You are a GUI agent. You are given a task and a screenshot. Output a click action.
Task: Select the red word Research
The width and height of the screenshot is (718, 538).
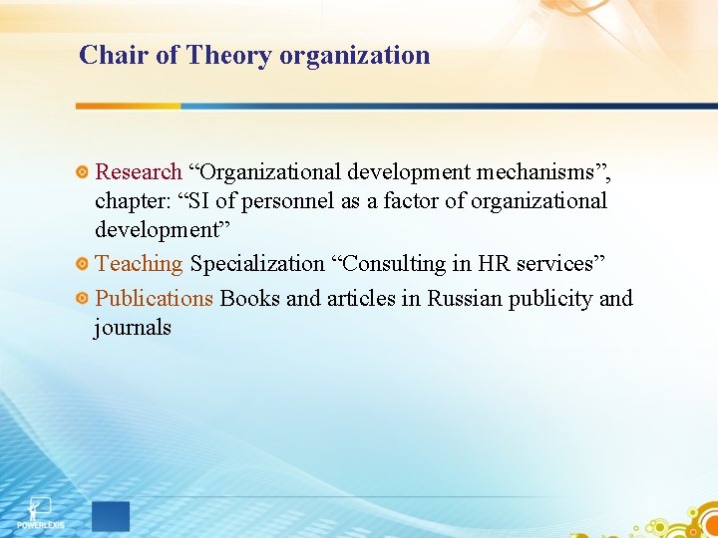click(x=138, y=172)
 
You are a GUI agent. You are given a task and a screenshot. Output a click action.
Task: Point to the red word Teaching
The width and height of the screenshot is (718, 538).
click(x=139, y=264)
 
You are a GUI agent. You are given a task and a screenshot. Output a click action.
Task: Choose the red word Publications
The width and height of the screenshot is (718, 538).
click(x=154, y=298)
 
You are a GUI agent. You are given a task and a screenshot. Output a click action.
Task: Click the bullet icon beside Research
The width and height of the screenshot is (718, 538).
click(x=84, y=173)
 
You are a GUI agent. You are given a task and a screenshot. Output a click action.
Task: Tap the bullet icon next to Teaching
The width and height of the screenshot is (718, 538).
click(x=84, y=265)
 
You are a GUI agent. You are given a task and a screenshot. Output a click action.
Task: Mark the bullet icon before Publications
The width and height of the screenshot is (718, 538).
click(x=84, y=299)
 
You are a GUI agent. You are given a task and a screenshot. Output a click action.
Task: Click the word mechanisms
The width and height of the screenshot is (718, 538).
click(x=539, y=172)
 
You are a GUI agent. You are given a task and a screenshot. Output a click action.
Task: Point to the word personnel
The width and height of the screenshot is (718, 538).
click(x=290, y=201)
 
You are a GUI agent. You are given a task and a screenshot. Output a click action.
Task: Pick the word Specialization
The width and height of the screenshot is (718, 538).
click(x=257, y=264)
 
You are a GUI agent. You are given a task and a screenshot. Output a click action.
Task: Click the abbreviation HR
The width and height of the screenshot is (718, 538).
click(x=495, y=264)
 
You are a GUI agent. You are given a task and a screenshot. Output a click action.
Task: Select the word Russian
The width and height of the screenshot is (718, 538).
click(x=465, y=298)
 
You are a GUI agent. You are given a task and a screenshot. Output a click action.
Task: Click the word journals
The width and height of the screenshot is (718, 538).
click(x=133, y=327)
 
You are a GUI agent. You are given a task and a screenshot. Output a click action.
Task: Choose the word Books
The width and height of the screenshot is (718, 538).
click(x=249, y=298)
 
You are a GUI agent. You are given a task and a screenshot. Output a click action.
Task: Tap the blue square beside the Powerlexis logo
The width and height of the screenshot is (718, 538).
click(x=111, y=516)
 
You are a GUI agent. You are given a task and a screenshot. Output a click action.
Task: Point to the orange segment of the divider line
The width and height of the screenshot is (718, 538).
click(x=129, y=106)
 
